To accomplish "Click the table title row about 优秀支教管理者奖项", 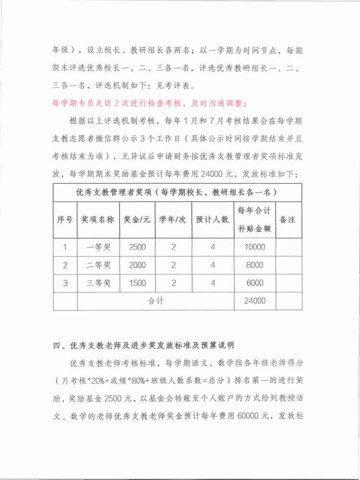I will tap(177, 192).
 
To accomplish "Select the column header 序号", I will tap(65, 219).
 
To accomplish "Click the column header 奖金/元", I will tap(137, 219).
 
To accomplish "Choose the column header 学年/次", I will tap(173, 219).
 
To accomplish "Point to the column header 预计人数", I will tap(213, 219).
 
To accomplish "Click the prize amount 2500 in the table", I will tap(137, 247).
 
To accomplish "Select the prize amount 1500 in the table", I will tap(137, 283).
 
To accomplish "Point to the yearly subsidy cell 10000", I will tap(255, 247).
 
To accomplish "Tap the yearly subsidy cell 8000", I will tap(255, 265).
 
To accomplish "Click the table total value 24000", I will tap(255, 301).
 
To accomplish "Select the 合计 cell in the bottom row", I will tap(156, 301).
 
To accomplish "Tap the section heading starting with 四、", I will tap(144, 345).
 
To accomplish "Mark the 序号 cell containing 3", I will tap(65, 283).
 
